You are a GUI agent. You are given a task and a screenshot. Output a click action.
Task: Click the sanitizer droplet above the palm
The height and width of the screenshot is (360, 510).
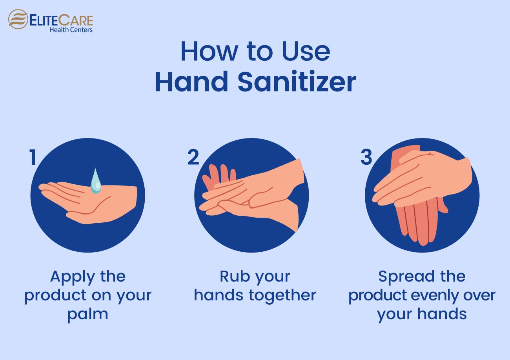pos(96,181)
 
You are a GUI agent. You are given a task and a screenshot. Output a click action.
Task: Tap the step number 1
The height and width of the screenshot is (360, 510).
pos(33,157)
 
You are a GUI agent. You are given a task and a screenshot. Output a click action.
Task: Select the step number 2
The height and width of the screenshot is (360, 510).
pos(193,157)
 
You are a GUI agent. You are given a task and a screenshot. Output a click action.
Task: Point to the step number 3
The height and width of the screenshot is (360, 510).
pos(366,157)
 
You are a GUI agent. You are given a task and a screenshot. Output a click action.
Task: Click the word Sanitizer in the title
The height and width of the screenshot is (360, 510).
pos(297,82)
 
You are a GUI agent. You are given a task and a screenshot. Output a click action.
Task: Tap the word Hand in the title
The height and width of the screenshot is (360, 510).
pos(191,82)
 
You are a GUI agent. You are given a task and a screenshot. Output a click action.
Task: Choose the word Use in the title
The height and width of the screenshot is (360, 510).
pos(306,51)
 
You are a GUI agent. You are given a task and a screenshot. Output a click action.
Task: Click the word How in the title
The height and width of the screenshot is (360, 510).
pos(209,51)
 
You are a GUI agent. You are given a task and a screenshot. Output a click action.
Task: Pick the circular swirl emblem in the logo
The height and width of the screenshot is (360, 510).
pos(18,19)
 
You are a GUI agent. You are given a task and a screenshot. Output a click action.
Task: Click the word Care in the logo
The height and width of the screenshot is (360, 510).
pos(75,20)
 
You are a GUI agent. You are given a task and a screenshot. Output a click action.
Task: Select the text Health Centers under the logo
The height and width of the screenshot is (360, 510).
pos(71,30)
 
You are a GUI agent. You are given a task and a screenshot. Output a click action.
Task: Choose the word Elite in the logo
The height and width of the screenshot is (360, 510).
pos(43,20)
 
